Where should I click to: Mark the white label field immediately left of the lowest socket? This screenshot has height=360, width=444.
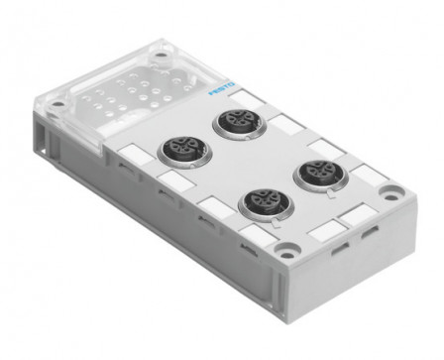[x=210, y=202]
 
